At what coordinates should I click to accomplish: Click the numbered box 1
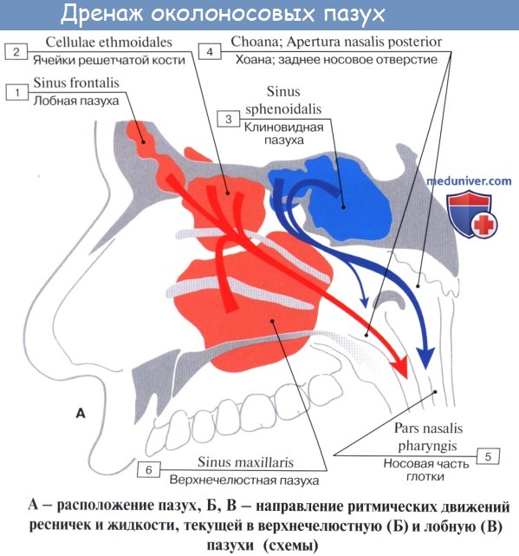pos(16,93)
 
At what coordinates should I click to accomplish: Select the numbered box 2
pos(16,52)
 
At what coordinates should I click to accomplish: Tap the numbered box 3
pos(229,119)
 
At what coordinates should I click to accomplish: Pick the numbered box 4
pos(210,52)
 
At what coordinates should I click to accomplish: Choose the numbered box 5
pos(488,456)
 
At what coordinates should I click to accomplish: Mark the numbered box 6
pos(149,470)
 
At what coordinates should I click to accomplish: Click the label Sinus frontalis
pos(76,83)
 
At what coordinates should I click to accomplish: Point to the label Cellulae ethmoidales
pos(109,43)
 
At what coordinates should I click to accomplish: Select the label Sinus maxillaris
pos(245,462)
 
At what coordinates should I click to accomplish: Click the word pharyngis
pos(428,446)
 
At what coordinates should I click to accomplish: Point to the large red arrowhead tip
pos(407,379)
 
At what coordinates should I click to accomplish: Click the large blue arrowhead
pos(425,357)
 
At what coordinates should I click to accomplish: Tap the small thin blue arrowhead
pos(364,302)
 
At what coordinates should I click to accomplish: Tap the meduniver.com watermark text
pos(469,181)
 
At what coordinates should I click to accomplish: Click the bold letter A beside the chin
pos(81,413)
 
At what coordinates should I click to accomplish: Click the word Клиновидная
pos(284,127)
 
